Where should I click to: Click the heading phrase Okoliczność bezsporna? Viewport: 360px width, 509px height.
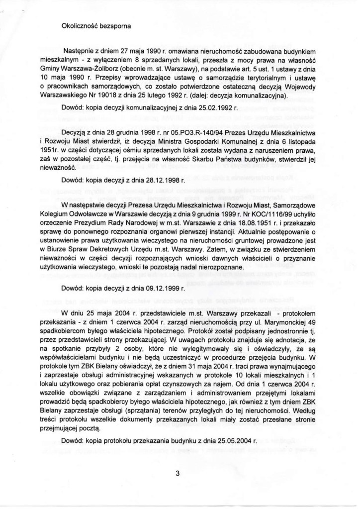[89, 28]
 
